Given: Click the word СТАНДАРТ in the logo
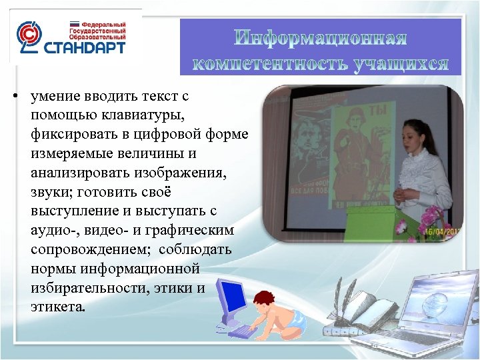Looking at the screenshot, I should tap(84, 49).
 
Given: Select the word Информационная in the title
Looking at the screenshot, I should tap(321, 39).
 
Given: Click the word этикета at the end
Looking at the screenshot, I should tap(57, 308).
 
